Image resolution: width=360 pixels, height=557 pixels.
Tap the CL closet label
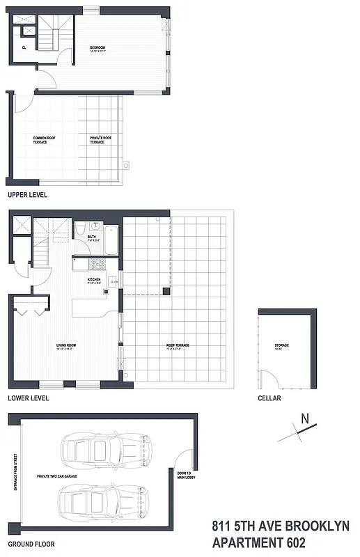pos(24,47)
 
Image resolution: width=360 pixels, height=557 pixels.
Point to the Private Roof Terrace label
pos(102,140)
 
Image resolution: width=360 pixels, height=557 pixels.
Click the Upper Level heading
pos(27,195)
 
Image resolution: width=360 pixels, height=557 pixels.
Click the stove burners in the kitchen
pos(97,264)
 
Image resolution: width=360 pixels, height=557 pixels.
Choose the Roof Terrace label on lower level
pos(178,346)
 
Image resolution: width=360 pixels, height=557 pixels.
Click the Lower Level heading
pos(28,398)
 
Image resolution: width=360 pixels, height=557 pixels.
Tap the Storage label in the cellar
pos(281,346)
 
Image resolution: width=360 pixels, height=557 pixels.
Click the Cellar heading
pos(269,398)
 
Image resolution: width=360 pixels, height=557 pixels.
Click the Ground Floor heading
pos(31,544)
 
